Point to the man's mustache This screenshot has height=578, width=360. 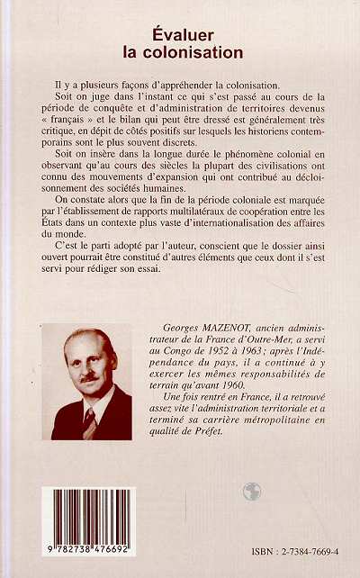[x=87, y=377]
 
